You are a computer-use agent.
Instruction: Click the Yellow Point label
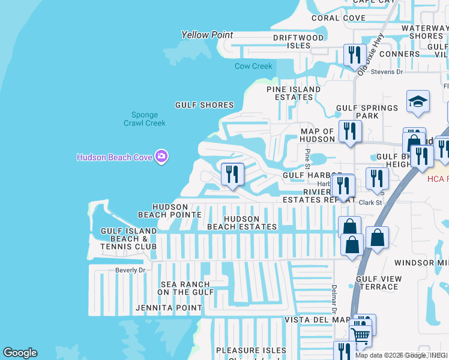207,35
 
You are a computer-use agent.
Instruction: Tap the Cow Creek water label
253,66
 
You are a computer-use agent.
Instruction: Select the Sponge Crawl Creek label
144,119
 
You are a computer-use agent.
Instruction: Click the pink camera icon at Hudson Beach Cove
161,157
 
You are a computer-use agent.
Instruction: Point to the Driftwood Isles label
298,41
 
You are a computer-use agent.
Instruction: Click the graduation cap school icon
418,101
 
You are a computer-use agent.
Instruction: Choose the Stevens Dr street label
387,72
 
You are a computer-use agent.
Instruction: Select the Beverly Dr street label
130,270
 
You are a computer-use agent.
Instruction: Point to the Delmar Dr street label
334,299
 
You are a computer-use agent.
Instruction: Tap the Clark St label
370,203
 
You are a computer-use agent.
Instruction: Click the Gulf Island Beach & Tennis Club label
128,238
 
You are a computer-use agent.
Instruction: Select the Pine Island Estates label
294,93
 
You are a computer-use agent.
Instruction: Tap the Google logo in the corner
20,353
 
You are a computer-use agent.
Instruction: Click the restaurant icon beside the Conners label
355,55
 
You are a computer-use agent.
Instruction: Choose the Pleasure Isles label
247,350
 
